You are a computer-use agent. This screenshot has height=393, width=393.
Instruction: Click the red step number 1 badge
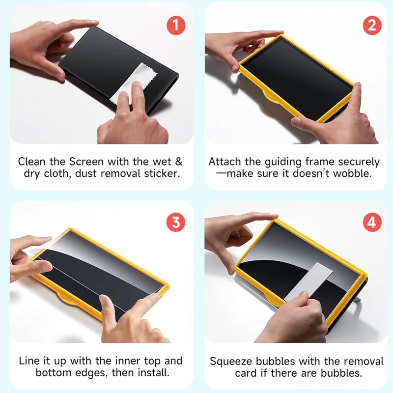[176, 26]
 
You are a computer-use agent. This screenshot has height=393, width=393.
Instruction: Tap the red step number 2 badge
[372, 26]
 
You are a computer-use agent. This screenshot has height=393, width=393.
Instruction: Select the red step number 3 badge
[176, 222]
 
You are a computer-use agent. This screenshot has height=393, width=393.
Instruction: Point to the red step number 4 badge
[372, 222]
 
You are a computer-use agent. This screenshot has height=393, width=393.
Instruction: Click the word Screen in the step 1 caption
[86, 162]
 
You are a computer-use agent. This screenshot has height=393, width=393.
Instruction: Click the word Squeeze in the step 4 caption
[231, 361]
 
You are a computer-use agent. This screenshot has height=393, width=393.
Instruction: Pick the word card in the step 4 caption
[246, 373]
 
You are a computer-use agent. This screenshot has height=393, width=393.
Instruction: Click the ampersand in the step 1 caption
[178, 162]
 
